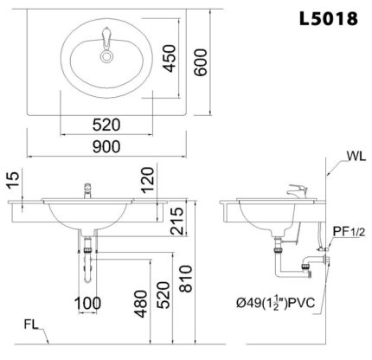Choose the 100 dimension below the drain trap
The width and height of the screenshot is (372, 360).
[x=87, y=303]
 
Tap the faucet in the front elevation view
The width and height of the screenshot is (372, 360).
[x=87, y=190]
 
